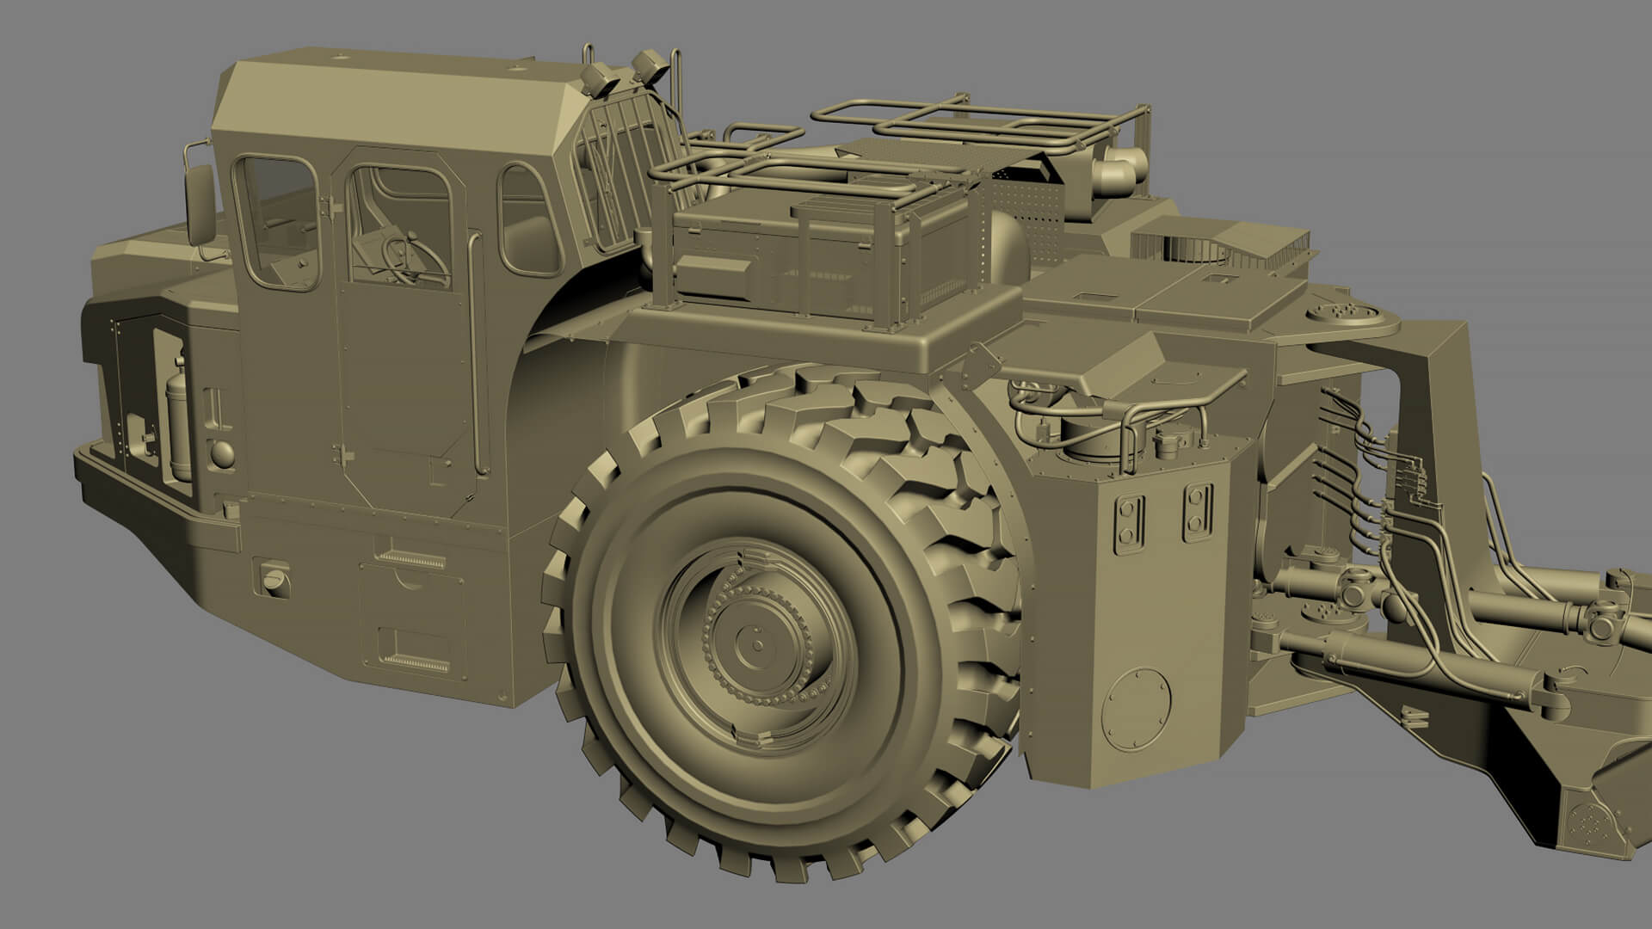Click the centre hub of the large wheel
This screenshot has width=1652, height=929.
point(755,641)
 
